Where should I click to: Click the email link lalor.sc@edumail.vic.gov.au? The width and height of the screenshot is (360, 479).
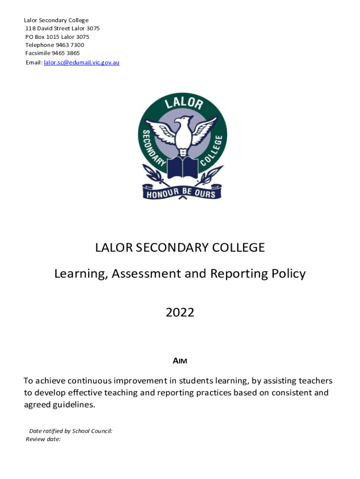pyautogui.click(x=81, y=63)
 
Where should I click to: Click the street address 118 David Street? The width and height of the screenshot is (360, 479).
pyautogui.click(x=48, y=29)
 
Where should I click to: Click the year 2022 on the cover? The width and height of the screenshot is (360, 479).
pyautogui.click(x=180, y=312)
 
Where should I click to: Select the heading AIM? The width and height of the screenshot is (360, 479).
pyautogui.click(x=180, y=361)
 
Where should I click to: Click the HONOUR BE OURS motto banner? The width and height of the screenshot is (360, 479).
pyautogui.click(x=182, y=192)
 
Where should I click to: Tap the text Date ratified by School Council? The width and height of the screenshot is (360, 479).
pyautogui.click(x=71, y=431)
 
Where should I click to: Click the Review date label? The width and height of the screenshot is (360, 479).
pyautogui.click(x=43, y=439)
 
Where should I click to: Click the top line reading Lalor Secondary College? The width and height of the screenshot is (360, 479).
pyautogui.click(x=56, y=20)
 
